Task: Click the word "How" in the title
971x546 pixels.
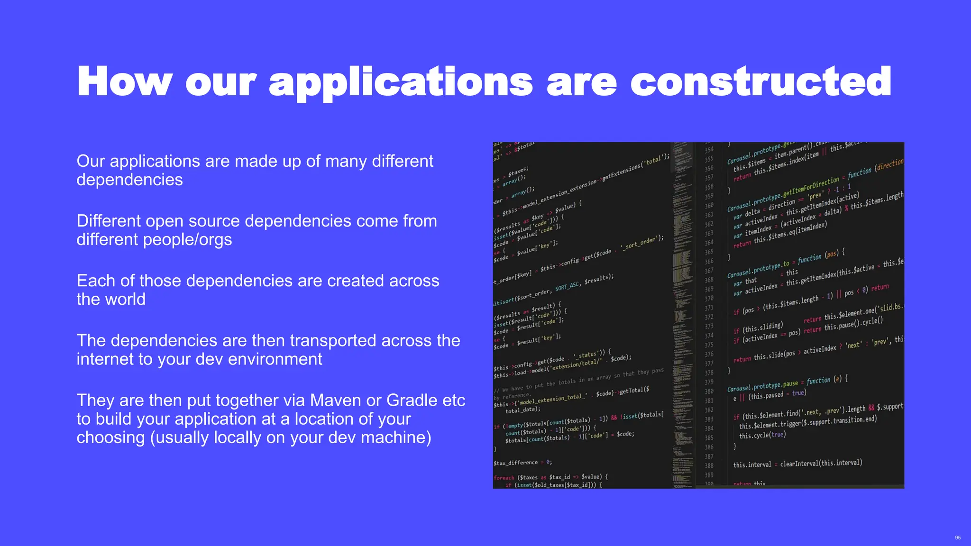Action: click(x=125, y=82)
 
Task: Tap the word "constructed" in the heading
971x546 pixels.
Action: click(x=760, y=82)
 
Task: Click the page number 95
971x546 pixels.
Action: click(x=958, y=537)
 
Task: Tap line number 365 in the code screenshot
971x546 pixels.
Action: click(x=709, y=252)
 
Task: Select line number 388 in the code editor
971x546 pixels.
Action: click(x=709, y=466)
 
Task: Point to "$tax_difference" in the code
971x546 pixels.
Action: click(x=516, y=463)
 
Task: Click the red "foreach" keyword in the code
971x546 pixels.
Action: click(x=504, y=478)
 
